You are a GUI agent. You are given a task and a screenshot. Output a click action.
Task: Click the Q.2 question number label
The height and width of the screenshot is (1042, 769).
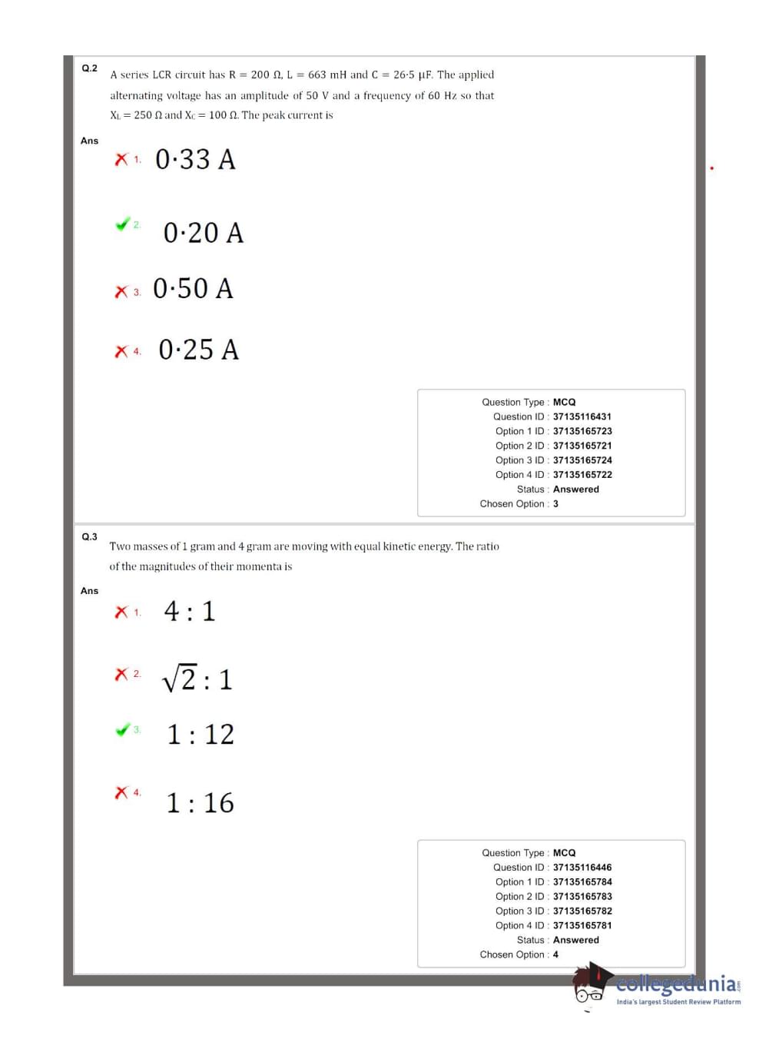pos(89,68)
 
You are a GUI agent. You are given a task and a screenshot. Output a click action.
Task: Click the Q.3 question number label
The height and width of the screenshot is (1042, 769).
pos(89,536)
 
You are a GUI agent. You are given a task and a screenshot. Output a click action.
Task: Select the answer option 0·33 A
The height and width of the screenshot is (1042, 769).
pos(195,160)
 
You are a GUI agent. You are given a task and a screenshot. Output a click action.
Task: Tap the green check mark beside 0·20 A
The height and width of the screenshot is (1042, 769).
pos(122,224)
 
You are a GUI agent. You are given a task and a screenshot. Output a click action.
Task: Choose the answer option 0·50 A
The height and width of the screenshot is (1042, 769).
pos(193,289)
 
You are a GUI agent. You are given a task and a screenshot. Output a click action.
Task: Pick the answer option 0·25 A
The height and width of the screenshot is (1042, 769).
pos(198,350)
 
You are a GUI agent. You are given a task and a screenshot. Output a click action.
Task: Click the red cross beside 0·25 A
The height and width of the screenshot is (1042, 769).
pos(121,351)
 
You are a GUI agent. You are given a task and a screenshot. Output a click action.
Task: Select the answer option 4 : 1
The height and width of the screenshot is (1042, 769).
pos(189,612)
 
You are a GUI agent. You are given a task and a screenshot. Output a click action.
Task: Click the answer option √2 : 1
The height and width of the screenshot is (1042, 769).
pos(197,679)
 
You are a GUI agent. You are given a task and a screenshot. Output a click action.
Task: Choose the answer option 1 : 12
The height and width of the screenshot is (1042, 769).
pos(201,735)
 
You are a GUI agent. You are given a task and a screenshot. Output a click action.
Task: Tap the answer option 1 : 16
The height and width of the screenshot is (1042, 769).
pos(200,803)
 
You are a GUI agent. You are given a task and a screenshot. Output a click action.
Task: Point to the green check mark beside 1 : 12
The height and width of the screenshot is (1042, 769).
pos(122,729)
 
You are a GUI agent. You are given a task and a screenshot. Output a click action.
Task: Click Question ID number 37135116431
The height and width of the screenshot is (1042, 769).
pos(582,416)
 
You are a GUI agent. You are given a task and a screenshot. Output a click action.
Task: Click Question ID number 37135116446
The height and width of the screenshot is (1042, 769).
pos(582,868)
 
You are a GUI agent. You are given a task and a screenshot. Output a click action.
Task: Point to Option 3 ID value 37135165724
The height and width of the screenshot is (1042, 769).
pos(582,460)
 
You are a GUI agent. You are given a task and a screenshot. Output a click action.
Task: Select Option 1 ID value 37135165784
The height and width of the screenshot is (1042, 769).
pos(582,882)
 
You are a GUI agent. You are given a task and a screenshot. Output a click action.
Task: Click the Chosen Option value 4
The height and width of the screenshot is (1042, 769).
pos(555,954)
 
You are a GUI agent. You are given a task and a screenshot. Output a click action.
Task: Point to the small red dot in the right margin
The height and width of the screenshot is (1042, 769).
pos(712,168)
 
